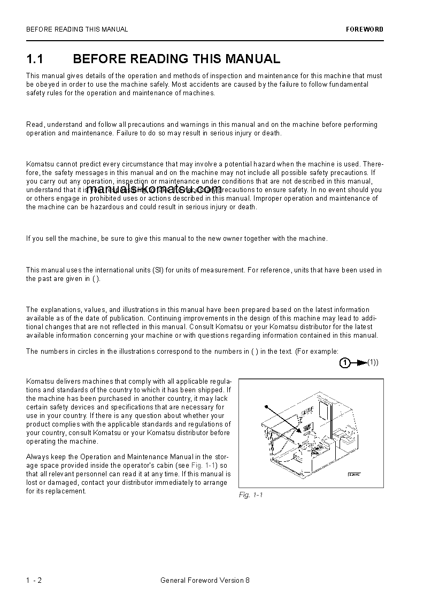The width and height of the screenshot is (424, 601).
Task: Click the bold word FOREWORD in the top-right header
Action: (365, 29)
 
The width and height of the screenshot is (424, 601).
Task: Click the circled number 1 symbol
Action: (345, 363)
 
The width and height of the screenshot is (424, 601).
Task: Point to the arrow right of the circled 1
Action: (359, 363)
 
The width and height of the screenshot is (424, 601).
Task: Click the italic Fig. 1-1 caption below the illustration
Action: (250, 495)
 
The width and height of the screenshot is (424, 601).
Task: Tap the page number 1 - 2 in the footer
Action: (34, 581)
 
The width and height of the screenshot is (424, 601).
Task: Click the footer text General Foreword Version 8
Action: (205, 581)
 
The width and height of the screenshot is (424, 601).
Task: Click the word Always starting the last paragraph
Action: (36, 457)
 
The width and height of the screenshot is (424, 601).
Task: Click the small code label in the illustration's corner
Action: (353, 475)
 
